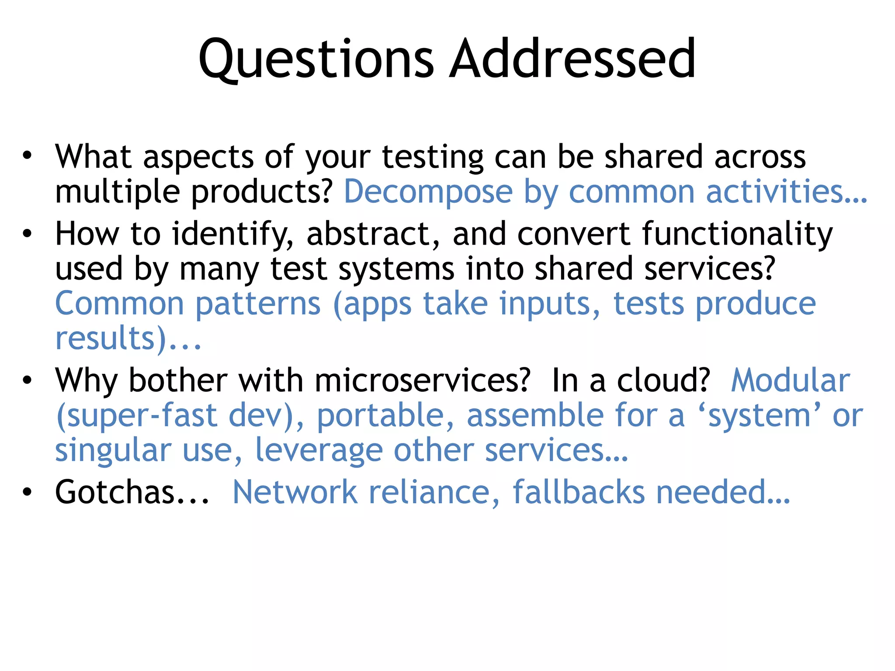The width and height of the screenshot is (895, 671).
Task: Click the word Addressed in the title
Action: tap(572, 59)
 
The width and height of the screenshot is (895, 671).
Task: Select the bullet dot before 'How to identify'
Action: tap(28, 233)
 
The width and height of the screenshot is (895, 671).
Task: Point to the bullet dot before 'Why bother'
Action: tap(28, 380)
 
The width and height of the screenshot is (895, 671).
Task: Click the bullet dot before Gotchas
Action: tap(28, 491)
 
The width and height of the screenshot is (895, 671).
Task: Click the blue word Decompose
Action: tap(428, 192)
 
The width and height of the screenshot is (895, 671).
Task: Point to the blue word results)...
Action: tap(112, 338)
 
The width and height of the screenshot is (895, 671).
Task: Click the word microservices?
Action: tap(422, 380)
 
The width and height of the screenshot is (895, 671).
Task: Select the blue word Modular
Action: tap(791, 380)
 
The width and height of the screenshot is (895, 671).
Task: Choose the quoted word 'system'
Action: tap(760, 416)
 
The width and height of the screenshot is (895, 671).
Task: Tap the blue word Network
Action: tap(295, 492)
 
